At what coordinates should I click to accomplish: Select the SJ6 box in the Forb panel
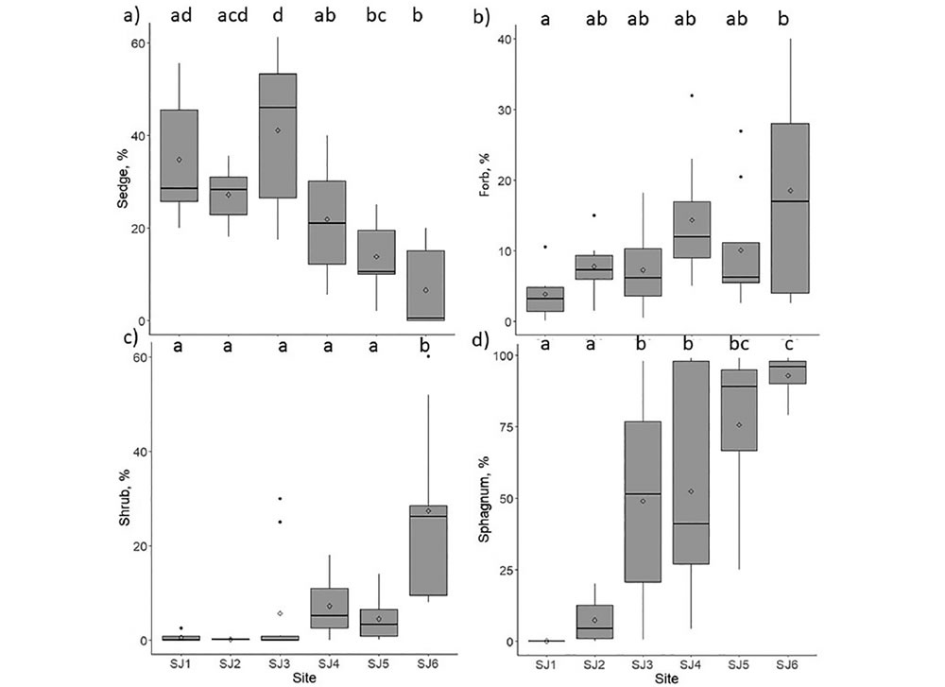tap(790, 208)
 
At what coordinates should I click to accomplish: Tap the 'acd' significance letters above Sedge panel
tap(229, 15)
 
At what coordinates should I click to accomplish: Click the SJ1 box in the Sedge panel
tap(179, 155)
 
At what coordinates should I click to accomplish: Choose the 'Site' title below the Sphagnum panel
tap(667, 677)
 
